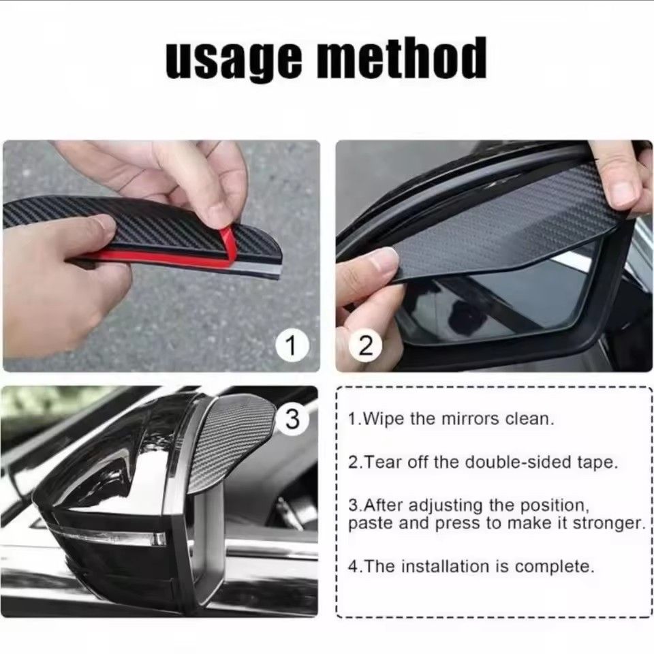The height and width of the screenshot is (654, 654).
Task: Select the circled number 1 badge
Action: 291,347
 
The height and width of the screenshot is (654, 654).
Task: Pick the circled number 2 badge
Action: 366,347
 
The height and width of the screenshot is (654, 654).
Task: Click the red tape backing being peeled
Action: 170,253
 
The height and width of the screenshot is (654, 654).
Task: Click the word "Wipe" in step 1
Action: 386,419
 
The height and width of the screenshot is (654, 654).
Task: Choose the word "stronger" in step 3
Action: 607,524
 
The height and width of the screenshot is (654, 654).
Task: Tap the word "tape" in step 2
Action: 598,462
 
